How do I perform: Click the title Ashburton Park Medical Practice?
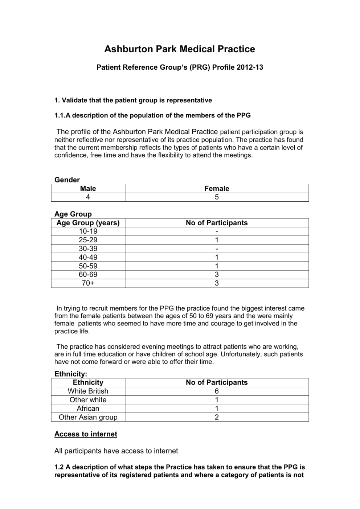point(180,49)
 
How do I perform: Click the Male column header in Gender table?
point(88,188)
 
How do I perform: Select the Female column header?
point(217,188)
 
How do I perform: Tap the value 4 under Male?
point(88,197)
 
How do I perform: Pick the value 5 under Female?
point(217,197)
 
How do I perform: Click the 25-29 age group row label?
point(88,240)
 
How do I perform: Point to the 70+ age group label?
point(88,283)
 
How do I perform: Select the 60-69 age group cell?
point(88,275)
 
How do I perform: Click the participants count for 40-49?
point(217,257)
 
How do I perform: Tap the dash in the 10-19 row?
point(217,231)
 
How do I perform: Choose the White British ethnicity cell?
point(88,391)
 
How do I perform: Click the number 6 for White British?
point(217,391)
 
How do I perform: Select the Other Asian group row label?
point(88,417)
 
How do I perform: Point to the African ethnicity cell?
point(88,409)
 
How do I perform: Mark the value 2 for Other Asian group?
point(217,417)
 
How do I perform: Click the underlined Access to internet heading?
point(86,434)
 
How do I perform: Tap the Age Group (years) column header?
point(88,223)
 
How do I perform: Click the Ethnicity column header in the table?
point(88,382)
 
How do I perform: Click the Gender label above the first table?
point(67,180)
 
